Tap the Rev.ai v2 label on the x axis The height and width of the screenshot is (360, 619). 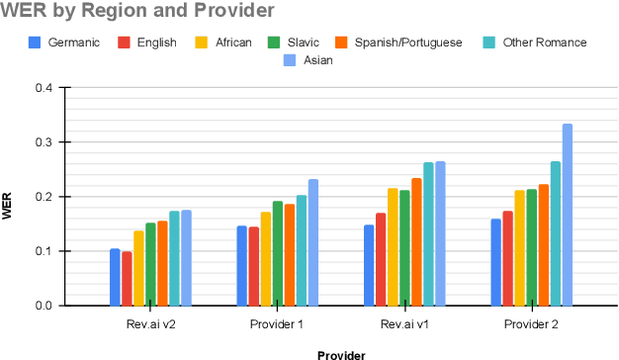pos(150,324)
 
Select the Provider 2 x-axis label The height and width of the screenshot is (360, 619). pos(531,324)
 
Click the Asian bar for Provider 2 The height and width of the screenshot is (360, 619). pos(567,215)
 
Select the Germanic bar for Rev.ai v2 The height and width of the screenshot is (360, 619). pos(115,277)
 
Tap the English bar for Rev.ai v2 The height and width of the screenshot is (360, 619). pos(127,279)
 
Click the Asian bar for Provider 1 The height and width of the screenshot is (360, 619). pos(313,242)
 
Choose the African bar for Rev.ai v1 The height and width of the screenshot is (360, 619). pos(393,247)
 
